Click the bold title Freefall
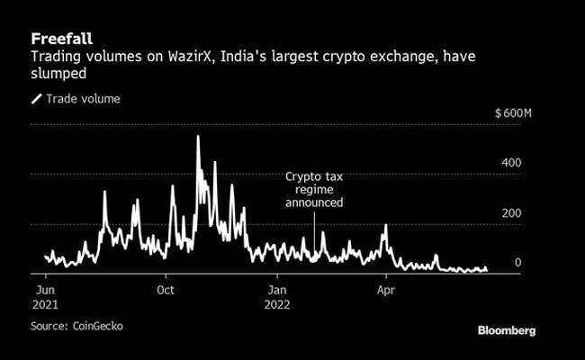(x=61, y=39)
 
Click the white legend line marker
(x=37, y=99)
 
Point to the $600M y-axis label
(x=515, y=113)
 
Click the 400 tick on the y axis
(x=512, y=163)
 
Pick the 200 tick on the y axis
(x=512, y=213)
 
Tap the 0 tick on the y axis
(x=517, y=263)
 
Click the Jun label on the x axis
(x=46, y=290)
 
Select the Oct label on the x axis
(x=166, y=290)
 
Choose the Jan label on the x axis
(x=278, y=290)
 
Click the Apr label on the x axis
(x=386, y=290)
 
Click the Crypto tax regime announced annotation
(x=314, y=191)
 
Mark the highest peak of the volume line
(x=198, y=137)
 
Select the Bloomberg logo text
(x=506, y=330)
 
